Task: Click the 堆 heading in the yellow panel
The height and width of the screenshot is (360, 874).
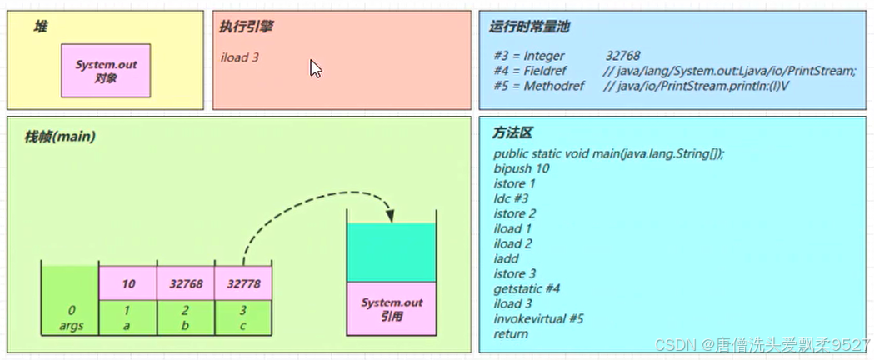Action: [40, 27]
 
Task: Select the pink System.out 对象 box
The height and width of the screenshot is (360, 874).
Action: [105, 71]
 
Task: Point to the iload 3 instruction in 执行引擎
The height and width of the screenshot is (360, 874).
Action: [240, 58]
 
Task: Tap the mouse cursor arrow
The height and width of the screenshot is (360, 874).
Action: [316, 68]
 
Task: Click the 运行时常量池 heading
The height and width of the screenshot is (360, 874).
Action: [529, 27]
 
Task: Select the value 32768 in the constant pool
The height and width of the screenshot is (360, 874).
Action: [623, 56]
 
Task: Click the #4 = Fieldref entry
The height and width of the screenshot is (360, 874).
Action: [524, 71]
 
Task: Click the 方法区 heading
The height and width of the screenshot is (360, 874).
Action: [512, 133]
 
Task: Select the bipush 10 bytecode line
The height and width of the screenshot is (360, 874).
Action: [522, 168]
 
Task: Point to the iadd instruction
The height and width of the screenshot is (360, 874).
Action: [505, 258]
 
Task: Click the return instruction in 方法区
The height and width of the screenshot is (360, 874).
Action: [511, 333]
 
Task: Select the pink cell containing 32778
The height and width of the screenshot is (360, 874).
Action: [243, 283]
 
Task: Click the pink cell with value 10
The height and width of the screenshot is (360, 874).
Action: [128, 283]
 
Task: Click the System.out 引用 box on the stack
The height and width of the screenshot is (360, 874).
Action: [394, 310]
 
